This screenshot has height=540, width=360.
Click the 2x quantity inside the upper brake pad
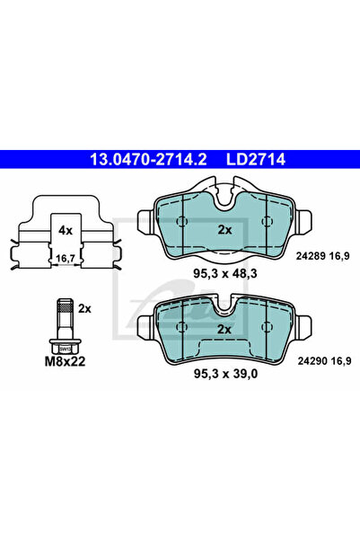(x=224, y=229)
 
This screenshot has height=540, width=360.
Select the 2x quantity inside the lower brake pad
(x=224, y=330)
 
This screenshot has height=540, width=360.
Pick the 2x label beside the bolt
(x=84, y=308)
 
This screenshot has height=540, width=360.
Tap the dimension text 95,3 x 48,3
(x=224, y=267)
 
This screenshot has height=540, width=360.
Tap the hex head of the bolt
(x=62, y=347)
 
